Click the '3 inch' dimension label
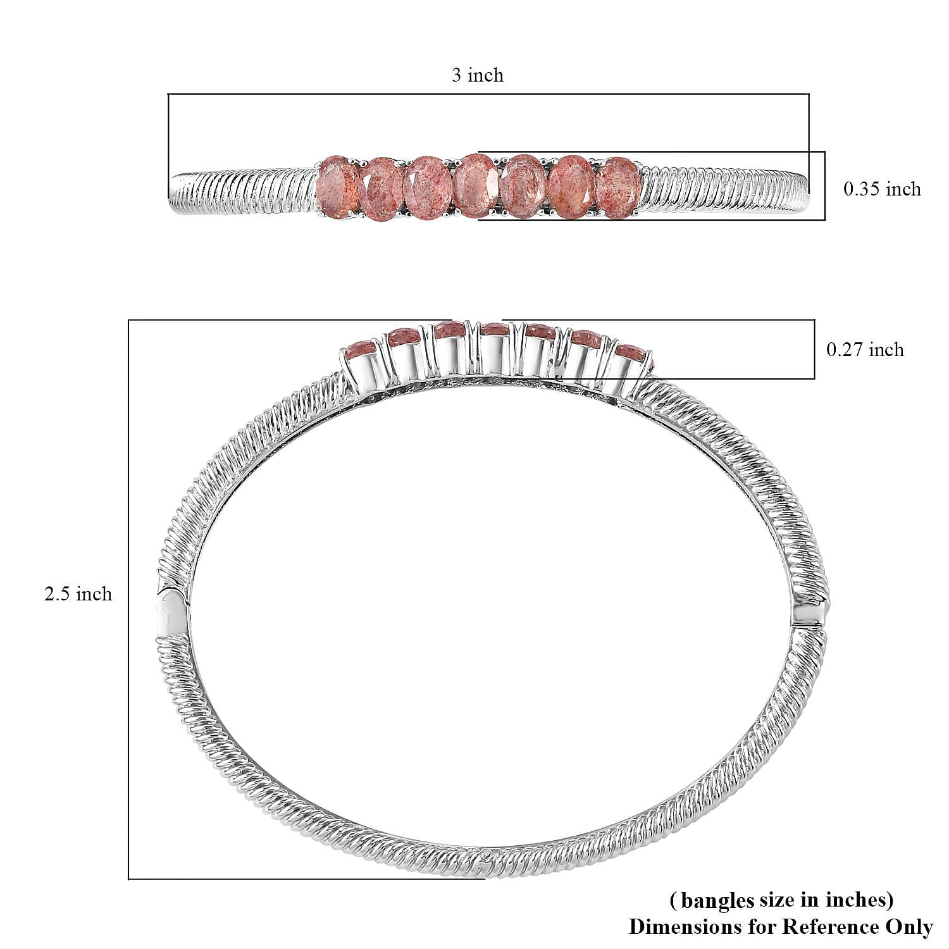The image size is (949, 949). point(478,75)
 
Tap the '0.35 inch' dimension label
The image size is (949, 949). point(882,189)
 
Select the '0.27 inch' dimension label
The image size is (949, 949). point(865,349)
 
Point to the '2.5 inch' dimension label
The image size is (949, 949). point(78,594)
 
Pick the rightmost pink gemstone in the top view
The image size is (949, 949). point(619,188)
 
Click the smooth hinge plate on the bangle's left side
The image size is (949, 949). point(172,612)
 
